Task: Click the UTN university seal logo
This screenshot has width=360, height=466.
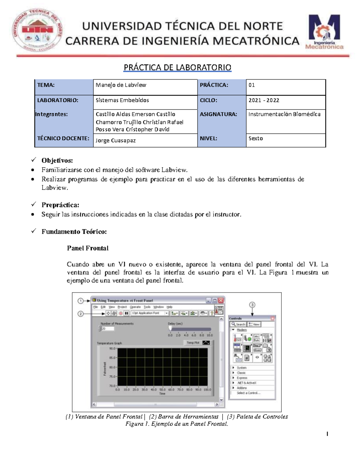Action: coord(37,30)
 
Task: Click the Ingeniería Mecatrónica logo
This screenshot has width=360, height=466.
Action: coord(324,32)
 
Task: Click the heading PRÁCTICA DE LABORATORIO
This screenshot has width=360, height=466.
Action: coord(177,68)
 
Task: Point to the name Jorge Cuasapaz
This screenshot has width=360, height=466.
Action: coord(115,140)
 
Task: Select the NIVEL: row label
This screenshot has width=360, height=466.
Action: coord(208,138)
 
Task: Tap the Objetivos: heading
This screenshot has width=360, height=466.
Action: coord(57,161)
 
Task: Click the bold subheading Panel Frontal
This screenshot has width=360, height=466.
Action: coord(88,248)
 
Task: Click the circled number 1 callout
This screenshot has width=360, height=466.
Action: coord(80,300)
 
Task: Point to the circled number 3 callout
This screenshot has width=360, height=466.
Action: coord(252,305)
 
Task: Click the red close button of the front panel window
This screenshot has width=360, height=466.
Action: coord(221,300)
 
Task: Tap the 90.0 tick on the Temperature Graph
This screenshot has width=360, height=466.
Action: coord(112,348)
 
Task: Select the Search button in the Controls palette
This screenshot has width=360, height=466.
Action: coord(238,324)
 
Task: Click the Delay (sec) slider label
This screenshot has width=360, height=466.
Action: coord(175,323)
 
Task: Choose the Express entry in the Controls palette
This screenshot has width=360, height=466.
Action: coord(242,378)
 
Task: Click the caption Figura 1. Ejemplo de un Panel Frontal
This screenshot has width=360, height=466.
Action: coord(177,424)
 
